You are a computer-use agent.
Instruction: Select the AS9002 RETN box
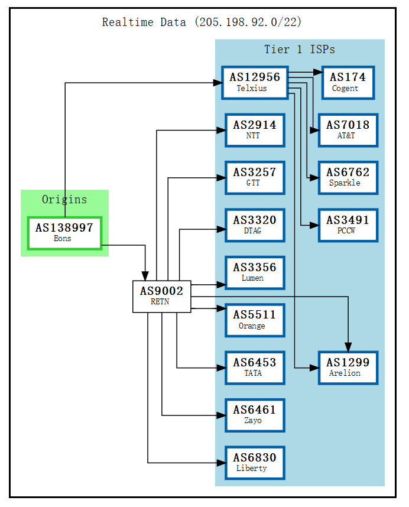point(161,296)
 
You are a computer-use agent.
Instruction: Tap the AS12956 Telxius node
point(255,83)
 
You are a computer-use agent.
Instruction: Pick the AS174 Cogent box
point(348,83)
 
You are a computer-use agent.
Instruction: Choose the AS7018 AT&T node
point(348,130)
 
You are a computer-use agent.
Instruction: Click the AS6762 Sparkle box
point(348,177)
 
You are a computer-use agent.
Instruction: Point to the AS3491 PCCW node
point(348,225)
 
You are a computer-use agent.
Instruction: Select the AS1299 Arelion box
point(348,368)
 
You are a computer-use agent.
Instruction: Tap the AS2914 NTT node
point(255,130)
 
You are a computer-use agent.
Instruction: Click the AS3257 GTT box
point(255,177)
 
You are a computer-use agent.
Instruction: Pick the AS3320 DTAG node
point(255,225)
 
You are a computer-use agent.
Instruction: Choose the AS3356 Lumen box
point(255,272)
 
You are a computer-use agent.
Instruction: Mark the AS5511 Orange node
point(255,320)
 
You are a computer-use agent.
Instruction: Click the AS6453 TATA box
point(255,368)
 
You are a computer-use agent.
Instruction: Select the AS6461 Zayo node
point(255,415)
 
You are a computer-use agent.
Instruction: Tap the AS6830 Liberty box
point(255,463)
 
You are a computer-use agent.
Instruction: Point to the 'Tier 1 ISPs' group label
point(299,50)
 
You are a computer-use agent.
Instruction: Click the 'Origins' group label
point(64,200)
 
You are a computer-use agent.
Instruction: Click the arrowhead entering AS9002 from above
point(145,276)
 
